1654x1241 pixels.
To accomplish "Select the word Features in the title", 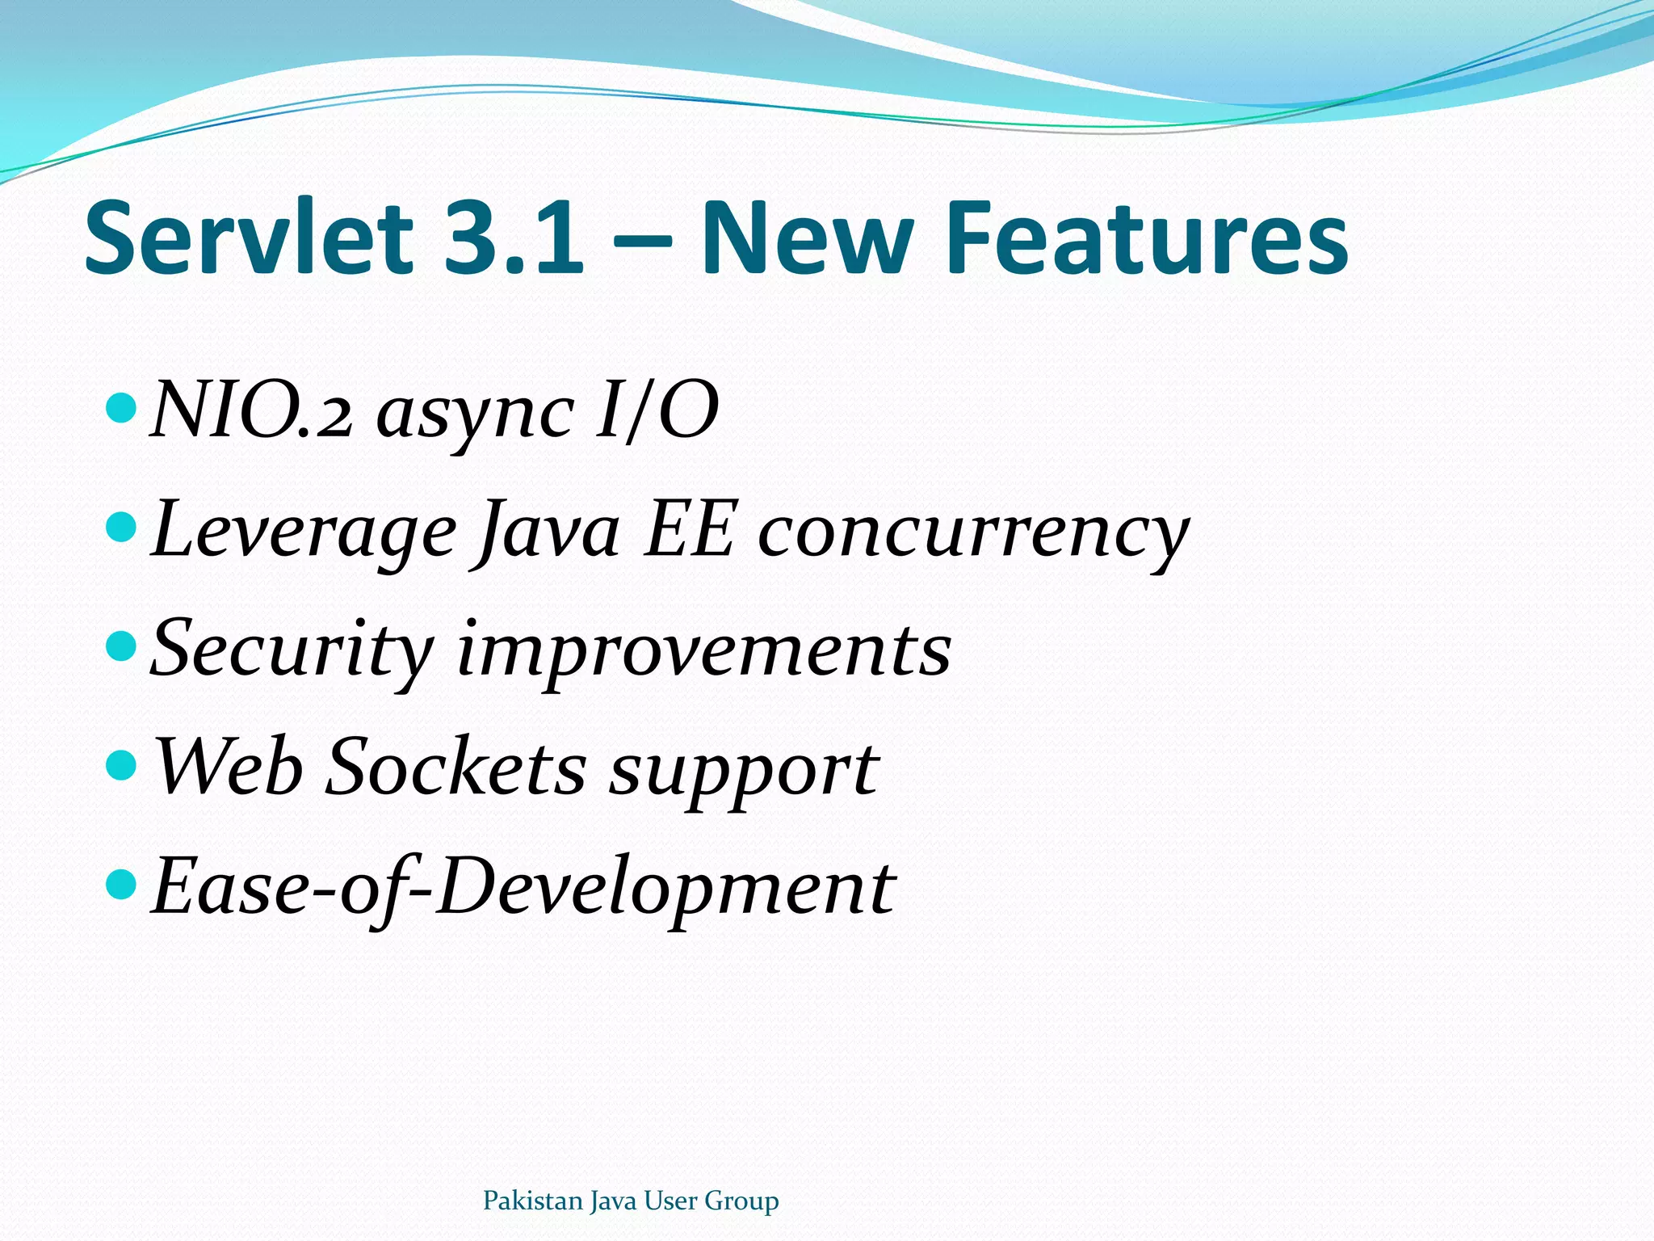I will pos(1147,238).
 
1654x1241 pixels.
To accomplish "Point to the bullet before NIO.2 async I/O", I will pos(122,408).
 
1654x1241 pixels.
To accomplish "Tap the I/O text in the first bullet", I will pos(657,412).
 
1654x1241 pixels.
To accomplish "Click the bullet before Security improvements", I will pos(122,646).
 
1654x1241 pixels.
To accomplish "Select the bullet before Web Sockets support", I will pos(122,764).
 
